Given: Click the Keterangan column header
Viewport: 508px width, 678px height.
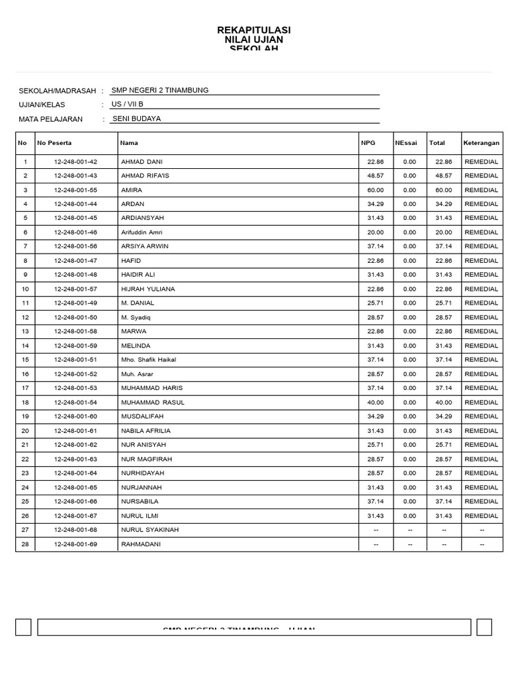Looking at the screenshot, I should point(481,143).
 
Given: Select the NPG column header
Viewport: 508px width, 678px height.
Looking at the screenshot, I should point(368,143).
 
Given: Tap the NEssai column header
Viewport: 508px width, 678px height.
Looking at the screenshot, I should point(406,143).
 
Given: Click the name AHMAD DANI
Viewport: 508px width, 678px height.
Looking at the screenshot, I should point(142,162).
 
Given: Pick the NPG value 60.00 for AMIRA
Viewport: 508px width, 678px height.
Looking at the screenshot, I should point(375,190).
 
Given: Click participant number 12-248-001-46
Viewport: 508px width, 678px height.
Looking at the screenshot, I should point(75,232).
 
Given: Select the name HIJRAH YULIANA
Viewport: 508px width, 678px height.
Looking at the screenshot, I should point(148,289).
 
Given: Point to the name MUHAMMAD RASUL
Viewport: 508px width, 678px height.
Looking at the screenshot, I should point(153,403).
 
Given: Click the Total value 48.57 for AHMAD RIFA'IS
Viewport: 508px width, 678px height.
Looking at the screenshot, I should point(444,176).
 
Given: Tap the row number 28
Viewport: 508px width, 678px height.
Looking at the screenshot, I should point(25,544).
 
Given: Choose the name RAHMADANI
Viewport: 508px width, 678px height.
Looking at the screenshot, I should point(141,544).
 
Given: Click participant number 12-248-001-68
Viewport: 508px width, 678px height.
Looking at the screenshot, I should point(75,530).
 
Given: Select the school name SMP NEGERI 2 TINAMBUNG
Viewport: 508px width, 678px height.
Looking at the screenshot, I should point(160,90).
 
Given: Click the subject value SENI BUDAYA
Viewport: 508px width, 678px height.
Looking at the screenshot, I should point(137,119).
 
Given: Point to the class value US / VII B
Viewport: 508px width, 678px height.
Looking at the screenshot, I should point(127,105).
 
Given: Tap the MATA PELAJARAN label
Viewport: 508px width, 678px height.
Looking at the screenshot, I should point(51,119).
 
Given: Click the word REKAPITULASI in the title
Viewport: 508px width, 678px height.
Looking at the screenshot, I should point(253,30).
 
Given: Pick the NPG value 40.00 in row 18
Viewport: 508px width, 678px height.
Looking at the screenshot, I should point(375,403).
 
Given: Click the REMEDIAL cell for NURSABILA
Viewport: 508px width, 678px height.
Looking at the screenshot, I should point(482,502).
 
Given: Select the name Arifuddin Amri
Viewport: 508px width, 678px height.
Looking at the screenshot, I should point(142,232).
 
